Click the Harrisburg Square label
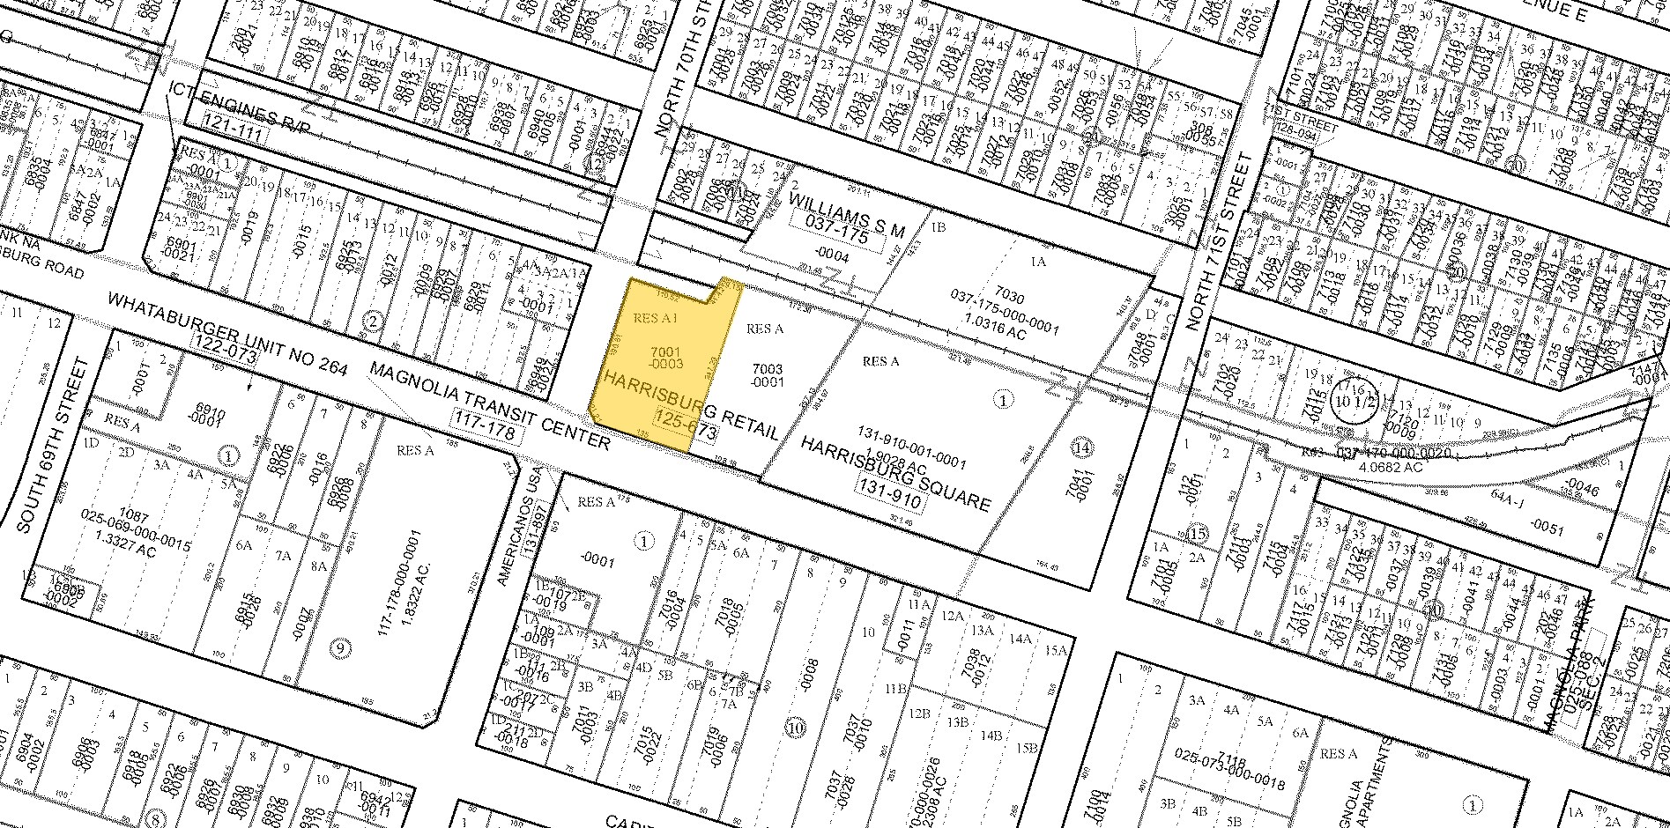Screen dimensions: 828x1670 [x=894, y=472]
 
